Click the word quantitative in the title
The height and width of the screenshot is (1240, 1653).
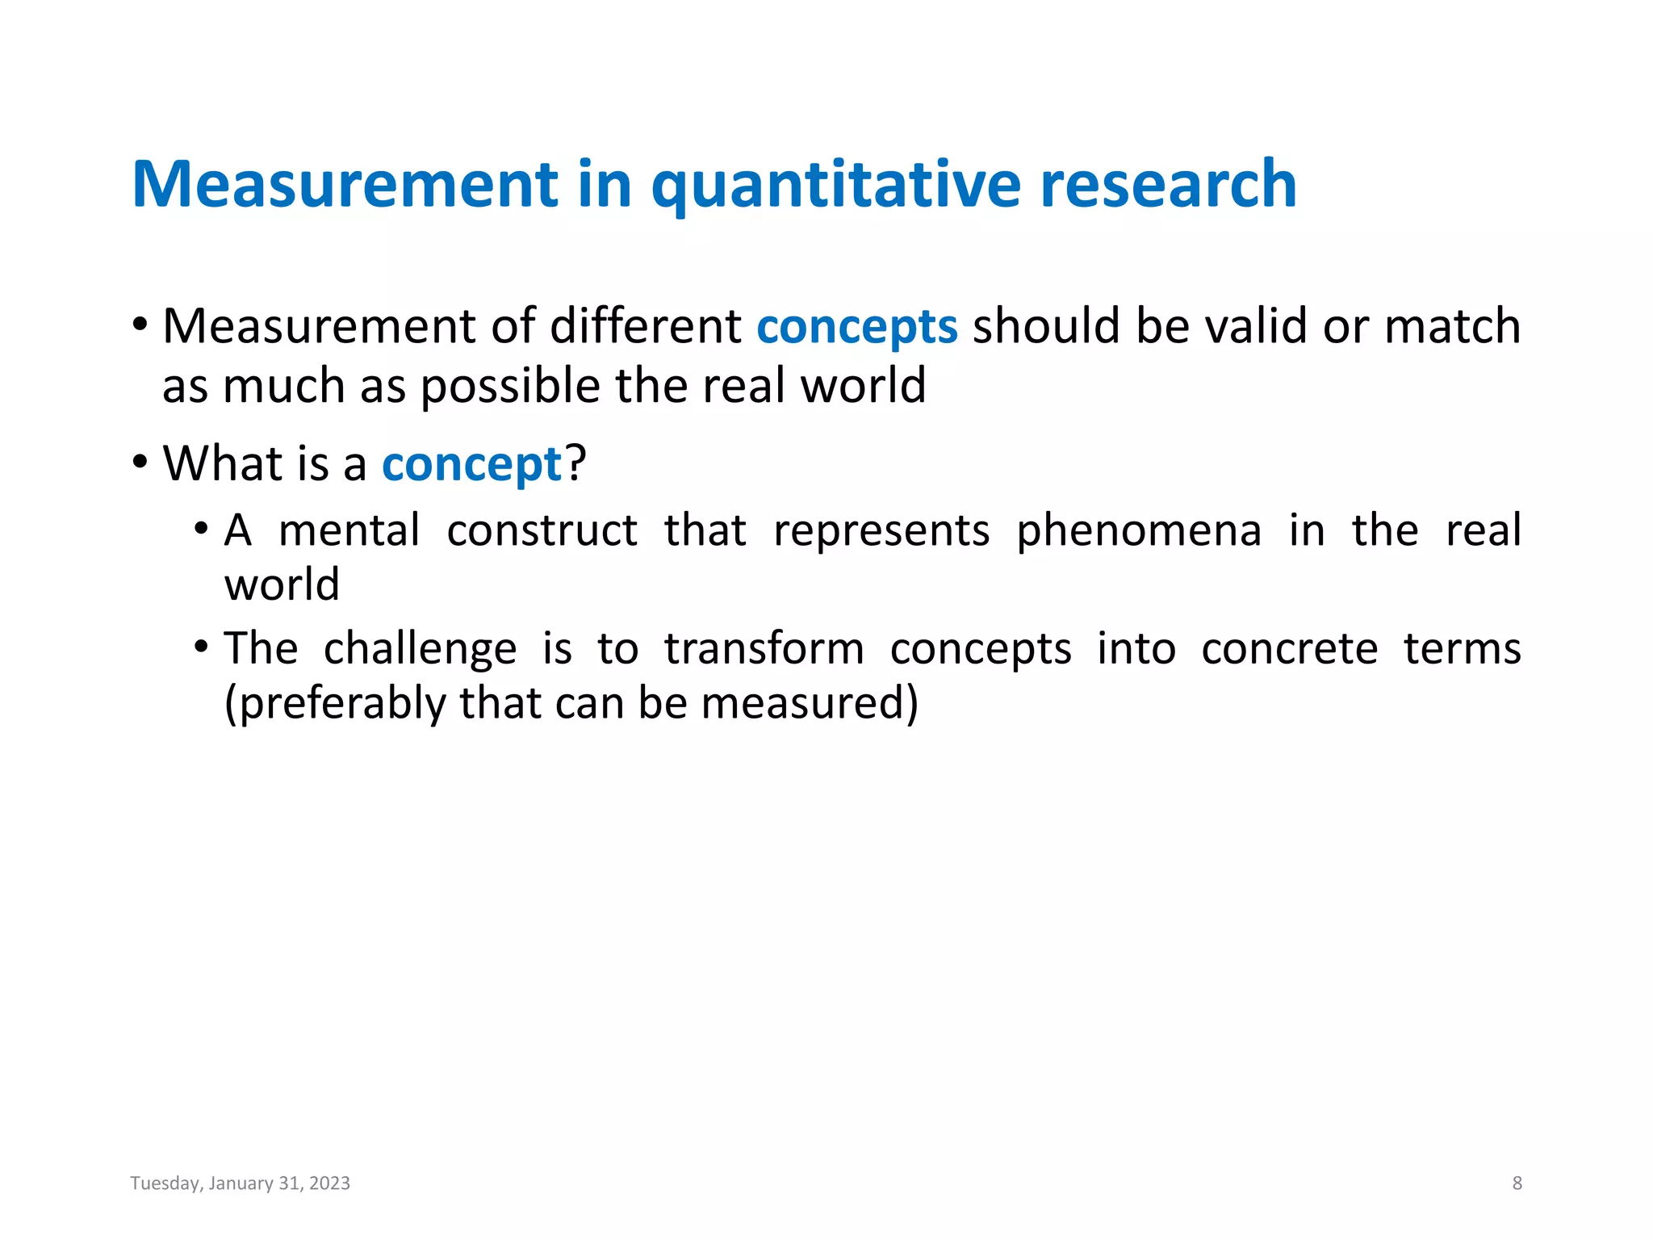point(837,186)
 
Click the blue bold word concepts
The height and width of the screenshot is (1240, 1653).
point(856,327)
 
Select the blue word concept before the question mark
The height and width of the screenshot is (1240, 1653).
point(471,465)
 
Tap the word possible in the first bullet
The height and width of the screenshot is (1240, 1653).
point(511,386)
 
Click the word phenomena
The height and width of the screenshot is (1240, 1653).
point(1138,531)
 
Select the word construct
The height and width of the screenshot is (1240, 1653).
point(542,531)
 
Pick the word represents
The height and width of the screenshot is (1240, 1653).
point(881,531)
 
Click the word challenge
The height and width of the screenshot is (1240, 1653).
point(420,649)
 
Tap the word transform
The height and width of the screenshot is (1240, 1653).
point(764,649)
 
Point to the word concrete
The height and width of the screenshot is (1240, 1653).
point(1289,649)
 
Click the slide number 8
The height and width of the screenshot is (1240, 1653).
point(1517,1183)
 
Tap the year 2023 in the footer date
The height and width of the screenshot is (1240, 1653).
point(329,1183)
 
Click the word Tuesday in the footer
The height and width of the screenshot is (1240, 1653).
point(165,1183)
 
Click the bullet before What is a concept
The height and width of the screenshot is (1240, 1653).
point(140,463)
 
